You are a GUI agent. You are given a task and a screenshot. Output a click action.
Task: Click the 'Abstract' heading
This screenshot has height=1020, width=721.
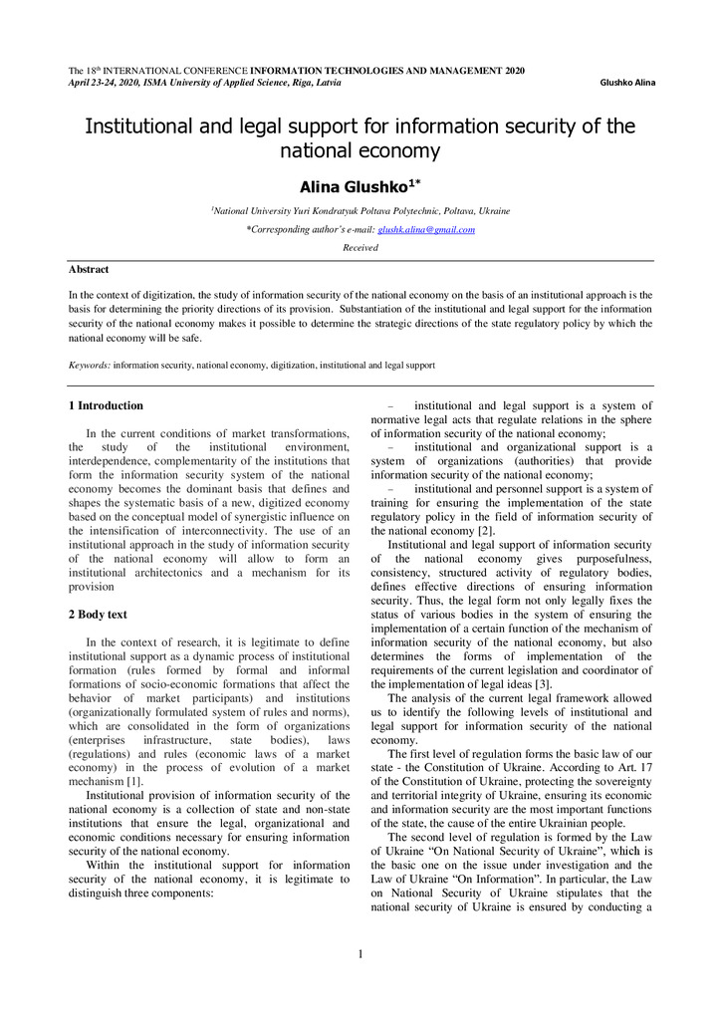tap(89, 269)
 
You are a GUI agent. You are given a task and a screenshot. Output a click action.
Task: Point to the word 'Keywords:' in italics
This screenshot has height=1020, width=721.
tap(90, 366)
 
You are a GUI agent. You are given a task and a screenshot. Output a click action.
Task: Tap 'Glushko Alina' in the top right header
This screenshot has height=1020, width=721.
tap(627, 83)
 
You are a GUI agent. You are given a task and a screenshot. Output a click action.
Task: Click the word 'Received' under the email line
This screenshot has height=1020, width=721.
tap(360, 247)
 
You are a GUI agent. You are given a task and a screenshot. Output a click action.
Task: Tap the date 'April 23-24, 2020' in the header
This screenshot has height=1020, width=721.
tap(105, 83)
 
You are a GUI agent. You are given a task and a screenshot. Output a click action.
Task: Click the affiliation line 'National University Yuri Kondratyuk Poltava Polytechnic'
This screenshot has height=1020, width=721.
tap(361, 211)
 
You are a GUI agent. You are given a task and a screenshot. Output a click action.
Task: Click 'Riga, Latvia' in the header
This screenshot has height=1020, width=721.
tap(318, 83)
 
